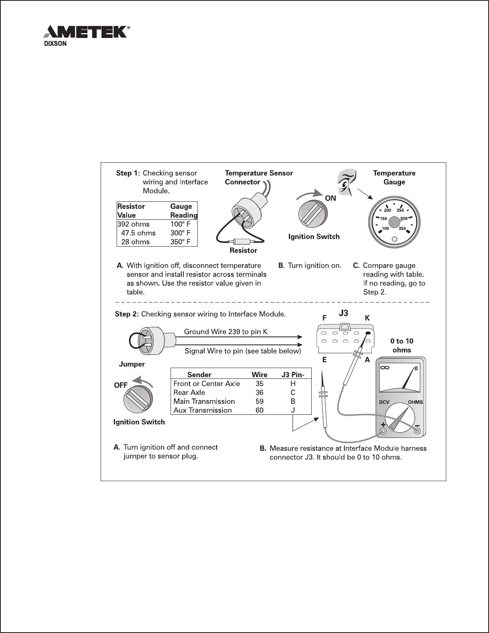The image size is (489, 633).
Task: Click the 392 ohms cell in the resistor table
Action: (133, 224)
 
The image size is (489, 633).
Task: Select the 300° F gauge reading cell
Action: (180, 233)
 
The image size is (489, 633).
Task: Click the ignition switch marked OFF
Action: (138, 400)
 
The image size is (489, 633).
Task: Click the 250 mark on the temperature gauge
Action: (400, 210)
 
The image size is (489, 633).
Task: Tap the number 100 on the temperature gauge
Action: (385, 228)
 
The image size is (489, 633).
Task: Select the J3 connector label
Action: (344, 314)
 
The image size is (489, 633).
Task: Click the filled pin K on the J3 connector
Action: (368, 333)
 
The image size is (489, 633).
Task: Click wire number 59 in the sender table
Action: (259, 401)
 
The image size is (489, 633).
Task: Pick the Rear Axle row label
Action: (189, 392)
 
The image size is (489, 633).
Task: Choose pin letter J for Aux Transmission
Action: (293, 410)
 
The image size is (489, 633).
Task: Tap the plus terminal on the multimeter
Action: (383, 431)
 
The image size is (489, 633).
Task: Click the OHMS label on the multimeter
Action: (415, 402)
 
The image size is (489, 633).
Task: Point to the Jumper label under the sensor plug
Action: (132, 364)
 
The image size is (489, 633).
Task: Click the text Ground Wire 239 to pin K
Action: (226, 332)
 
